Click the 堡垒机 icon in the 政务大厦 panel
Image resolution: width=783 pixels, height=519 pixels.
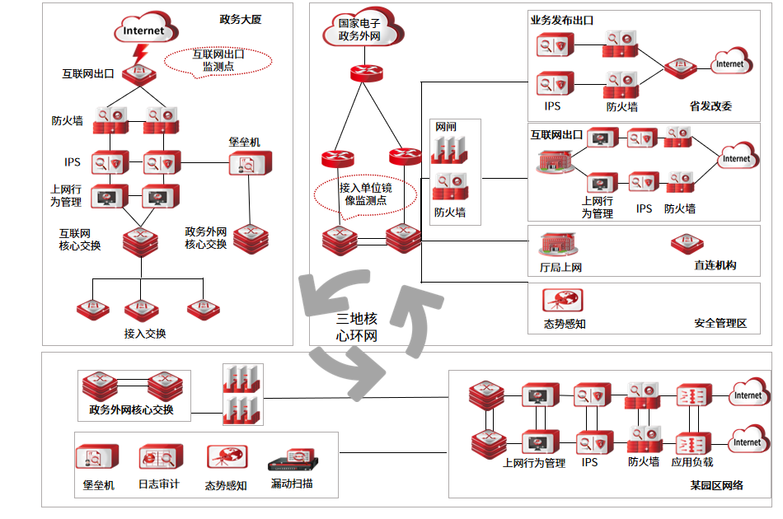click(x=245, y=164)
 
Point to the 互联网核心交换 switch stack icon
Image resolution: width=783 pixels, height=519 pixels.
click(x=139, y=241)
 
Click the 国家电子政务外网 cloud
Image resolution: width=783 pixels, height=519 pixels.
click(x=359, y=30)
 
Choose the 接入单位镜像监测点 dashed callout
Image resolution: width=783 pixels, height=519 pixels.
click(x=365, y=194)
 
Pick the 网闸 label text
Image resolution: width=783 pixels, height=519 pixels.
click(x=446, y=127)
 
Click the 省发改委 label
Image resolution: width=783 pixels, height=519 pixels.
click(x=710, y=106)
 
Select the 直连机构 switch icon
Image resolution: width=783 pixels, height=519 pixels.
click(x=687, y=245)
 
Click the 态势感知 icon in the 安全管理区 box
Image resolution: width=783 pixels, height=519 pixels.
click(x=563, y=301)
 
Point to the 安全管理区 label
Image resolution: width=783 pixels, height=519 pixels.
click(x=720, y=324)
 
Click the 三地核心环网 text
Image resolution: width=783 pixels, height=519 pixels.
click(x=357, y=326)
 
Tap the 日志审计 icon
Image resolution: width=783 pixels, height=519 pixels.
click(x=159, y=458)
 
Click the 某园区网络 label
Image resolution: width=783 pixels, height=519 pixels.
click(x=716, y=485)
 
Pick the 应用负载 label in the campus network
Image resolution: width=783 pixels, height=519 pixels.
click(x=692, y=463)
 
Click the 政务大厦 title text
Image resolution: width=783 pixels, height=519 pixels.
click(x=241, y=19)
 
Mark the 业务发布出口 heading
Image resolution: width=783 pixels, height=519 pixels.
click(x=562, y=20)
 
